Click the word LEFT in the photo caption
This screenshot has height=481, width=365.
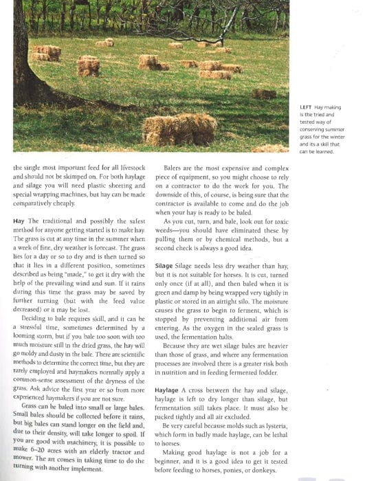(305, 108)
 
